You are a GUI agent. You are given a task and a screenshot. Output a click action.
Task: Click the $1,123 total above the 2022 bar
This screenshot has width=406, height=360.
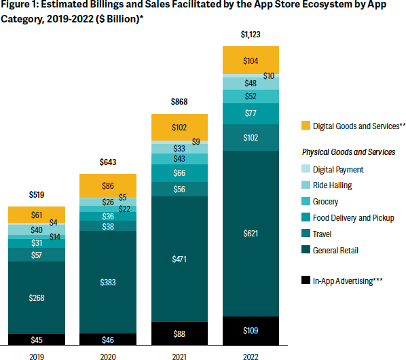251,34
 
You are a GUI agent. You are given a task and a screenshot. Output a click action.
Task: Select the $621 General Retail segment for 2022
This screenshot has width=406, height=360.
251,233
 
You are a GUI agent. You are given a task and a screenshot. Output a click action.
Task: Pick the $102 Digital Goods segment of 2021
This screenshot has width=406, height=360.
179,127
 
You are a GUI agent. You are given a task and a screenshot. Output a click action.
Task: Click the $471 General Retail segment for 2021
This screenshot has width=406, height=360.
179,259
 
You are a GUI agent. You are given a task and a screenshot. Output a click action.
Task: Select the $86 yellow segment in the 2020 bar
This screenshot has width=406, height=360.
108,185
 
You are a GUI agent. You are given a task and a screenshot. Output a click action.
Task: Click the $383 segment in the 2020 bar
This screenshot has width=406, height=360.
108,282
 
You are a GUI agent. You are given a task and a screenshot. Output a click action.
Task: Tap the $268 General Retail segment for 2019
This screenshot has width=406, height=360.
37,298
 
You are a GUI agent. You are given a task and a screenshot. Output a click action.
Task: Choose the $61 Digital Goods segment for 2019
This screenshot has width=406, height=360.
37,215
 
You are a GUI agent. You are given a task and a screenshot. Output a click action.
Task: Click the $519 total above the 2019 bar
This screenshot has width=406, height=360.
37,194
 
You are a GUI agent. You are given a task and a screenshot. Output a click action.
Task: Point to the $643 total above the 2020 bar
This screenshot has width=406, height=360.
108,162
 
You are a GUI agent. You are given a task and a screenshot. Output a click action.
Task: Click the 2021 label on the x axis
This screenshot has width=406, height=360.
179,353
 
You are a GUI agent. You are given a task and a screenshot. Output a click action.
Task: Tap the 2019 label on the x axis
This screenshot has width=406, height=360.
37,353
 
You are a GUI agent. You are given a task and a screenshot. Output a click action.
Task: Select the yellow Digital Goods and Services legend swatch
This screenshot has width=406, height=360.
306,126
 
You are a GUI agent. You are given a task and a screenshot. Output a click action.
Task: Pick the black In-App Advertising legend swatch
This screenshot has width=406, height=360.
306,279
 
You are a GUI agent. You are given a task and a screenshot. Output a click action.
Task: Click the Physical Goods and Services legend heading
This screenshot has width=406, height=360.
348,152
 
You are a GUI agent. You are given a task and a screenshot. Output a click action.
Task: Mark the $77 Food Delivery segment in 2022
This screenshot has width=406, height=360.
251,113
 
